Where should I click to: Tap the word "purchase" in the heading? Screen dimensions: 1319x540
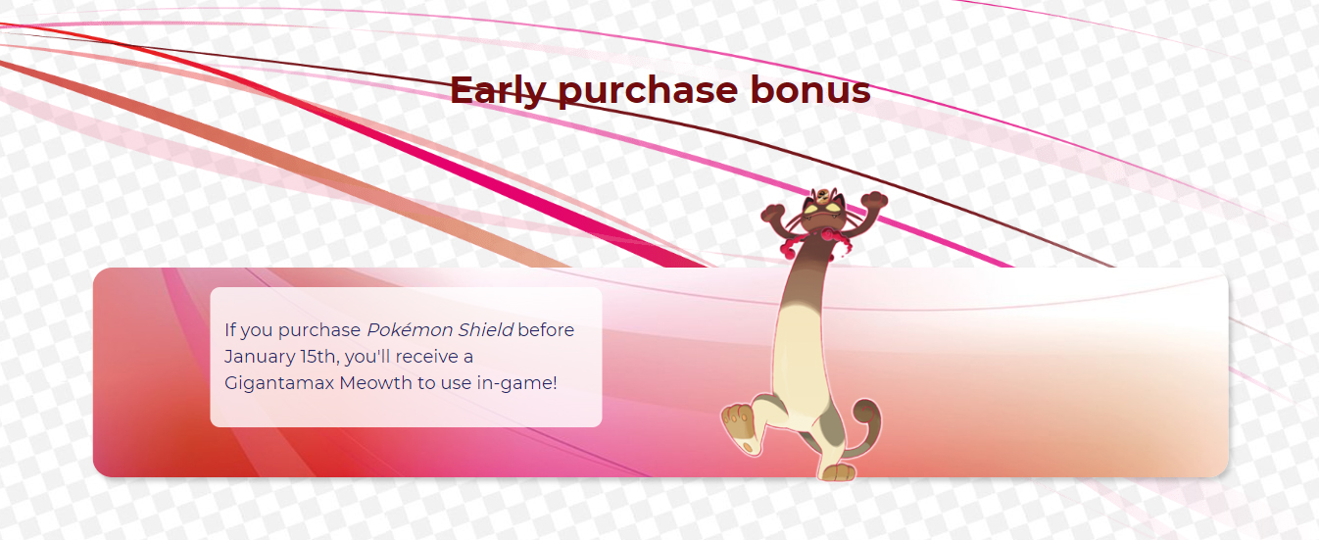coord(648,92)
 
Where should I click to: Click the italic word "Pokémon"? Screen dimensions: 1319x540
coord(410,329)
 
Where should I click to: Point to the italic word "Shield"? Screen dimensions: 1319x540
coord(486,329)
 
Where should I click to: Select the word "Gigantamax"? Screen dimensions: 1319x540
coord(279,383)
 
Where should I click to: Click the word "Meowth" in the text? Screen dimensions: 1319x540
coord(375,383)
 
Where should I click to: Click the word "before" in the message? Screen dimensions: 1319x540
coord(546,329)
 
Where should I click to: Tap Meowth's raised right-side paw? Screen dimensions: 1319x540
coord(874,200)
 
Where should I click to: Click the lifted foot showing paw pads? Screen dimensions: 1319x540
coord(740,427)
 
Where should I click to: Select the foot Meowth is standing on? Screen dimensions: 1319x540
coord(837,472)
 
